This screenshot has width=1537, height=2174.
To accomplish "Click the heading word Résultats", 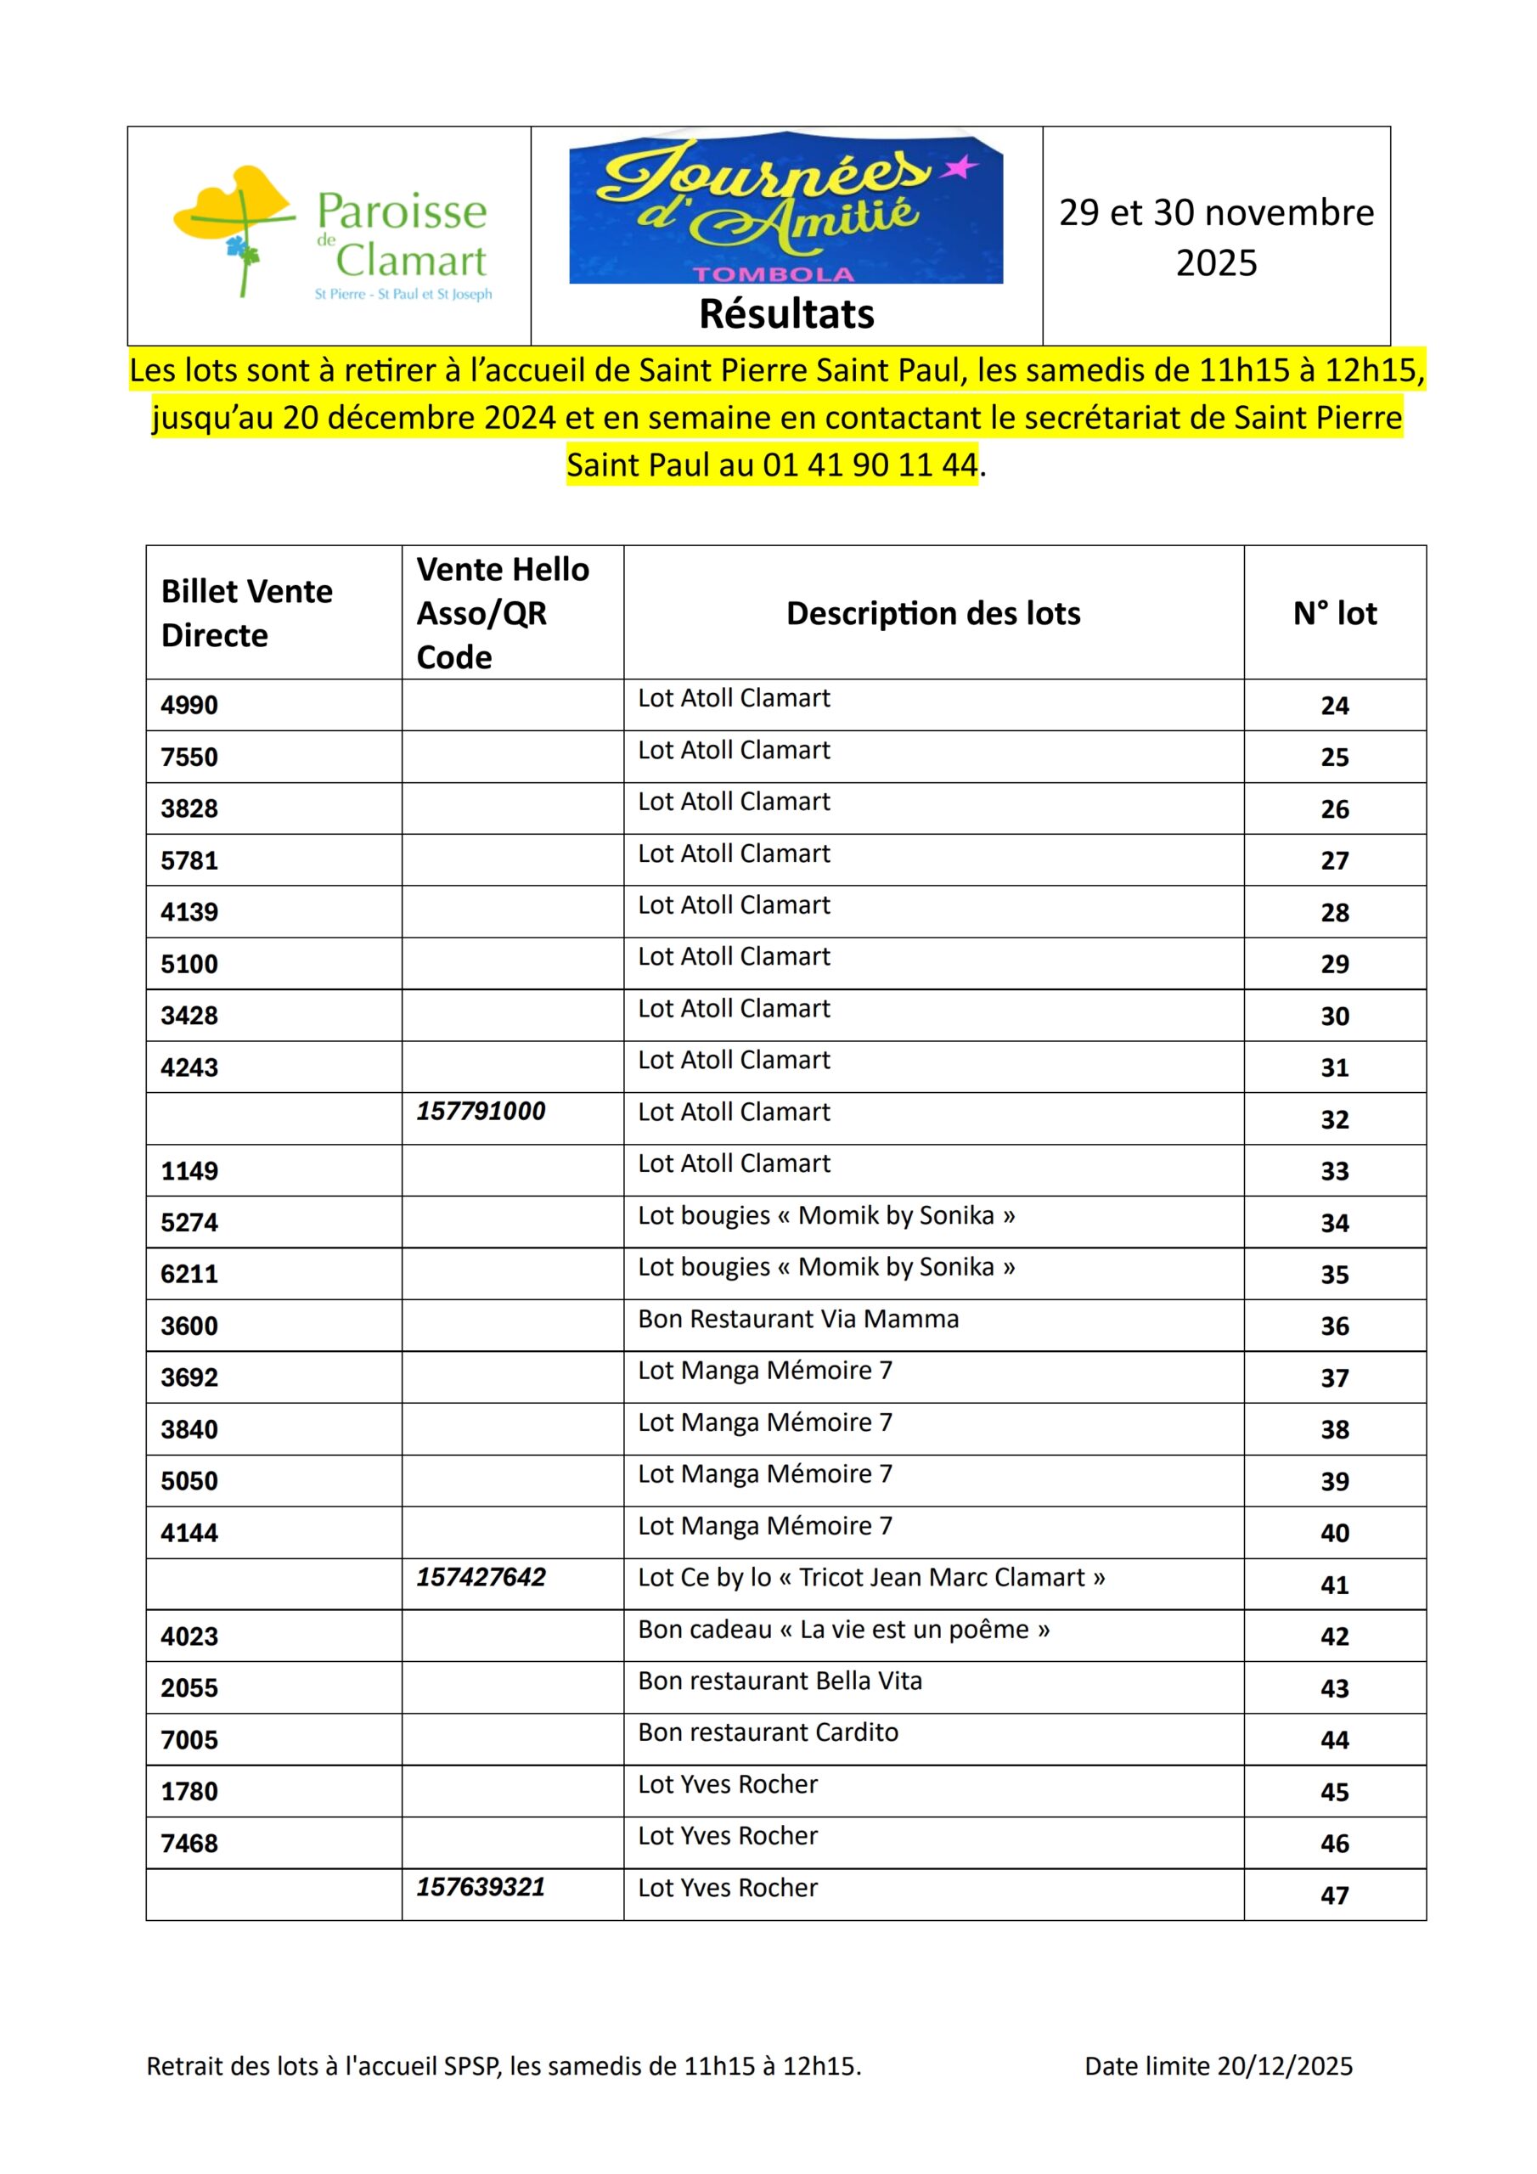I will coord(786,314).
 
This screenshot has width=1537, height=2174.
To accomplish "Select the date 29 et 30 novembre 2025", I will coord(1216,237).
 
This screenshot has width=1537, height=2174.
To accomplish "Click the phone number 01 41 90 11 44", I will coord(870,465).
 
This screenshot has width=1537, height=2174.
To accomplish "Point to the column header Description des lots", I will coord(932,614).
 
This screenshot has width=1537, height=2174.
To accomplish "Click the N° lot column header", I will coord(1334,614).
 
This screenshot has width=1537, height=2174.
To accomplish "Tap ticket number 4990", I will coord(189,706).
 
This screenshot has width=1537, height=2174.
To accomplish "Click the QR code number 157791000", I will coord(481,1111).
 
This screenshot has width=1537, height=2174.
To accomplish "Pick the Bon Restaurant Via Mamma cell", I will coord(798,1318).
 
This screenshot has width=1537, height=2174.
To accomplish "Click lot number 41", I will coord(1334,1585).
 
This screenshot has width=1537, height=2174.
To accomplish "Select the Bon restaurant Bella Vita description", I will coord(780,1681).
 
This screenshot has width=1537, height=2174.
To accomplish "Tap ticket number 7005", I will coord(189,1739).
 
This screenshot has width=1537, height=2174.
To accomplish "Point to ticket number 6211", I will coord(189,1274).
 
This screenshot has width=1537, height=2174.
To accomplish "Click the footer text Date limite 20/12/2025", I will coord(1218,2066).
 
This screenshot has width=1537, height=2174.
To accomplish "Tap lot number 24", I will coord(1334,706).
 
